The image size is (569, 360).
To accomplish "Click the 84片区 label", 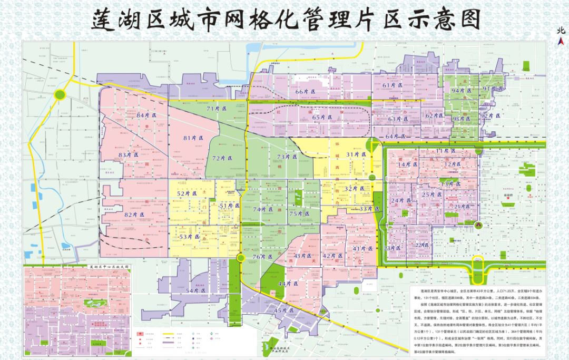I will (x=147, y=115).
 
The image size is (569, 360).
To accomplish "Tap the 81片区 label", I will (x=194, y=138).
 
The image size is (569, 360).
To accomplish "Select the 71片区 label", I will (x=216, y=108).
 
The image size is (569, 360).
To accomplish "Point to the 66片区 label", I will (x=305, y=92).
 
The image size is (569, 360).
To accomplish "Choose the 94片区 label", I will (x=462, y=90).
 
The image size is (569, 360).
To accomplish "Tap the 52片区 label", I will (x=187, y=193).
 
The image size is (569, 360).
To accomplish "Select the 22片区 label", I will (x=422, y=245).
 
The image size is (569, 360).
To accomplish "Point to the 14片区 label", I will (x=407, y=164).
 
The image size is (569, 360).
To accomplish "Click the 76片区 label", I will (x=262, y=257).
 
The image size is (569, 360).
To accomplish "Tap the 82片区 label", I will (x=134, y=215).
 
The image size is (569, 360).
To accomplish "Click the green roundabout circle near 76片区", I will (x=240, y=257).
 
